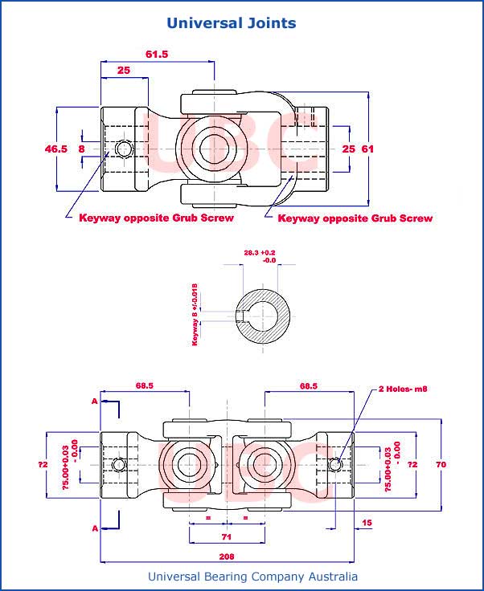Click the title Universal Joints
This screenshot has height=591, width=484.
[x=232, y=22]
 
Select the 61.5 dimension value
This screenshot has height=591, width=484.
[x=158, y=54]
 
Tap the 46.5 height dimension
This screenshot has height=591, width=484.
[x=55, y=149]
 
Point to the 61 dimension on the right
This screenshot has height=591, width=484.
[x=367, y=149]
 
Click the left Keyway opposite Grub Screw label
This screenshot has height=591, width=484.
[x=156, y=218]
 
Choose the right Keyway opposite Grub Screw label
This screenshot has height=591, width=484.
[x=355, y=218]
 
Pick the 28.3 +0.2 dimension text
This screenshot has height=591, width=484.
[x=259, y=252]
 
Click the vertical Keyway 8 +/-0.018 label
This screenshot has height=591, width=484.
[x=195, y=313]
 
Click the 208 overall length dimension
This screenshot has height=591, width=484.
[x=227, y=555]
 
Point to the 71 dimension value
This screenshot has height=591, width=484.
[x=227, y=535]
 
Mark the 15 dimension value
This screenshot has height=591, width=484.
[x=367, y=524]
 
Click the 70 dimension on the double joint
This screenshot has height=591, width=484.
[x=441, y=464]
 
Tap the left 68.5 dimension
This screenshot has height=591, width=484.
[x=145, y=385]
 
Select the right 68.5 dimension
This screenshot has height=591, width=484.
[x=308, y=385]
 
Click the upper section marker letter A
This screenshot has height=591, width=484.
[x=95, y=400]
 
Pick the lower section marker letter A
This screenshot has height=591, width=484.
[x=95, y=528]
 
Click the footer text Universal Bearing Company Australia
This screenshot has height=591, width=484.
[x=252, y=577]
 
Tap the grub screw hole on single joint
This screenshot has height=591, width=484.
[x=123, y=149]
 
